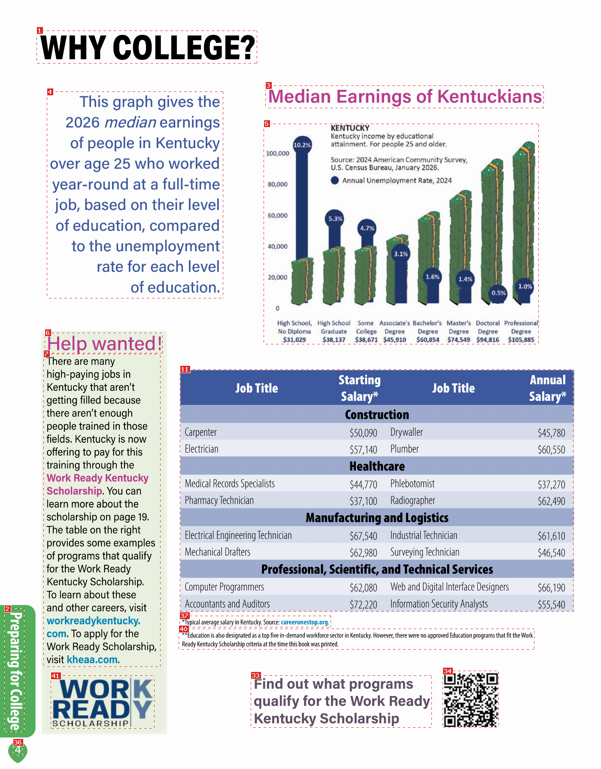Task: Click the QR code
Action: pyautogui.click(x=470, y=699)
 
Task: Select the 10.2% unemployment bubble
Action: pyautogui.click(x=302, y=145)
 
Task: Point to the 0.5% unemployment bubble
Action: pyautogui.click(x=498, y=293)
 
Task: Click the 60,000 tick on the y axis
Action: pyautogui.click(x=278, y=216)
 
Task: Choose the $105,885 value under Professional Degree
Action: pyautogui.click(x=521, y=340)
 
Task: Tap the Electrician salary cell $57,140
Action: pyautogui.click(x=363, y=450)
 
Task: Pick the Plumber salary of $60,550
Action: pyautogui.click(x=551, y=450)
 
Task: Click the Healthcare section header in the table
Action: pyautogui.click(x=377, y=466)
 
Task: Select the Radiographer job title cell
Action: pyautogui.click(x=413, y=500)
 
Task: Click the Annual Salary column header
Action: pyautogui.click(x=547, y=388)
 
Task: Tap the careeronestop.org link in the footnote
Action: pyautogui.click(x=304, y=622)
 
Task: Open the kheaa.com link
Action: pyautogui.click(x=92, y=660)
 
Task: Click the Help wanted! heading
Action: pyautogui.click(x=105, y=343)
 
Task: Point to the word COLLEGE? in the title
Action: pyautogui.click(x=184, y=47)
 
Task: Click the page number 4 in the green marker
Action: pyautogui.click(x=18, y=750)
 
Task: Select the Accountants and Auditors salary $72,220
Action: pyautogui.click(x=363, y=605)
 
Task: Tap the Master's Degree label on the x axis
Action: pyautogui.click(x=458, y=327)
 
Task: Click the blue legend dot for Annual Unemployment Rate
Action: pyautogui.click(x=335, y=180)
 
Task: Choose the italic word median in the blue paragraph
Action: pyautogui.click(x=130, y=122)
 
